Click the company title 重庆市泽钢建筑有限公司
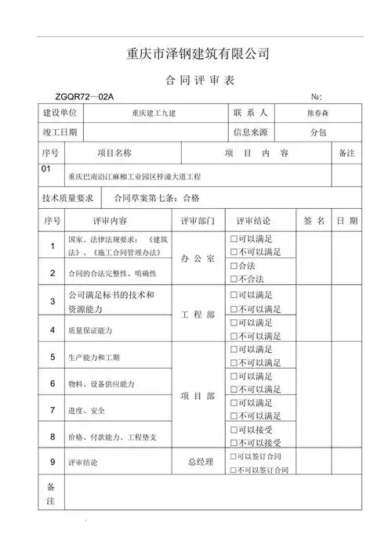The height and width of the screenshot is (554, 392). coord(198,55)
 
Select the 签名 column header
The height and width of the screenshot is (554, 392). coord(314,221)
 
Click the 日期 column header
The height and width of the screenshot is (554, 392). coord(347,221)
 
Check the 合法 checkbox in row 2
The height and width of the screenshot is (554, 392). coord(234,267)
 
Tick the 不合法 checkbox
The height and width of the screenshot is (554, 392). coord(234,279)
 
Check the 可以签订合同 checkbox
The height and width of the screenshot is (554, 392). coord(234,456)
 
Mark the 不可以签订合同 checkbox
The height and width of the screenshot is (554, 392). coord(234,469)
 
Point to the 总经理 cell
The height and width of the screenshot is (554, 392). coord(200,462)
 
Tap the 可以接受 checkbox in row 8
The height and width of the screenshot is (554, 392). coord(234,430)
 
